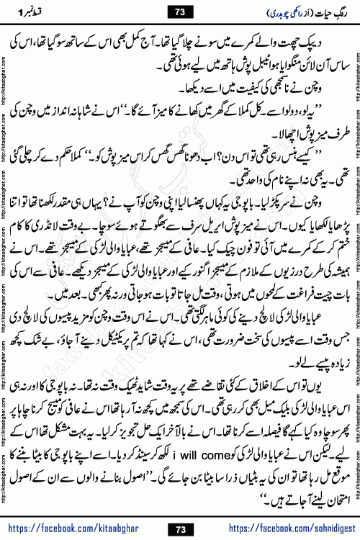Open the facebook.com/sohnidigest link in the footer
pyautogui.click(x=288, y=529)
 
